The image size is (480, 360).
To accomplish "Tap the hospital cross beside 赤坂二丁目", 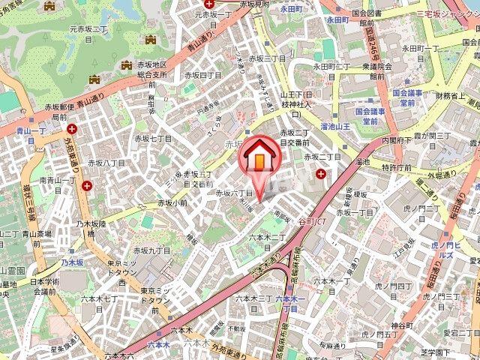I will pos(321,174).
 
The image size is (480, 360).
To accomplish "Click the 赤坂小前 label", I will pos(173,203).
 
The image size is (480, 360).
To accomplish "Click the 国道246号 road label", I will pos(372,47).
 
